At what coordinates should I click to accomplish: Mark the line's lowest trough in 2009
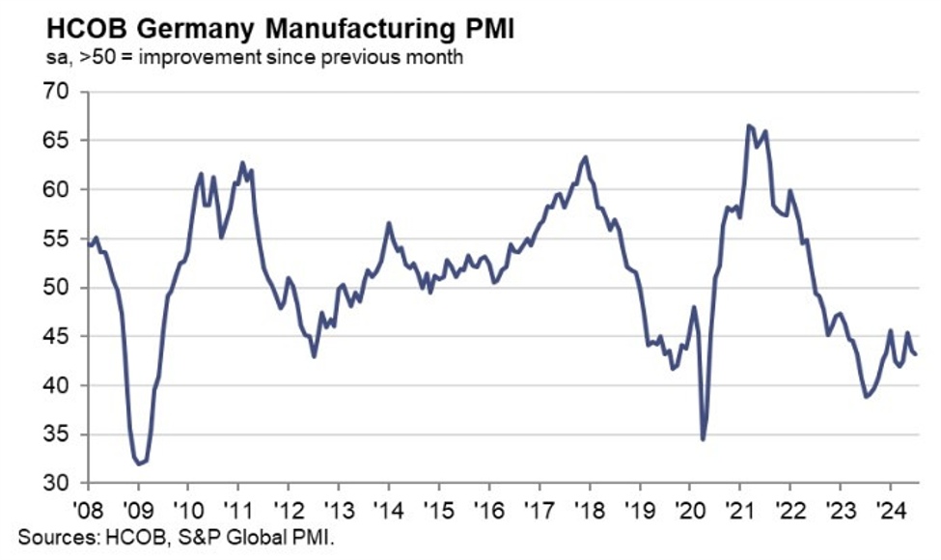point(139,463)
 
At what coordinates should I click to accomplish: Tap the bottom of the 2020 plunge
point(703,439)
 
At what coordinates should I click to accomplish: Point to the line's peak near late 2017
point(586,156)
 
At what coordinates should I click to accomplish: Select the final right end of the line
point(916,354)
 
